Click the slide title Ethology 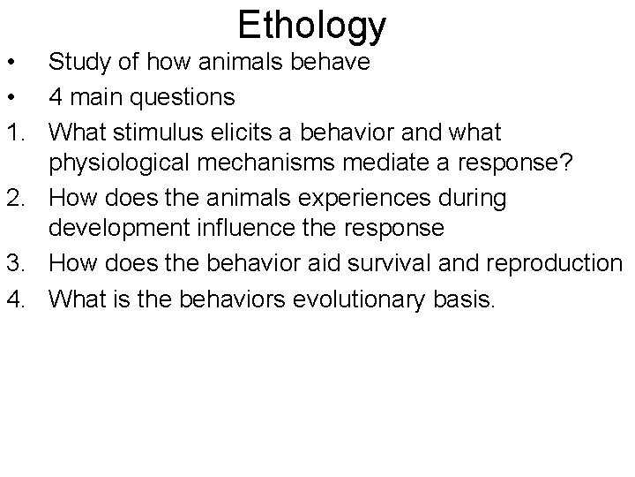tap(311, 26)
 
